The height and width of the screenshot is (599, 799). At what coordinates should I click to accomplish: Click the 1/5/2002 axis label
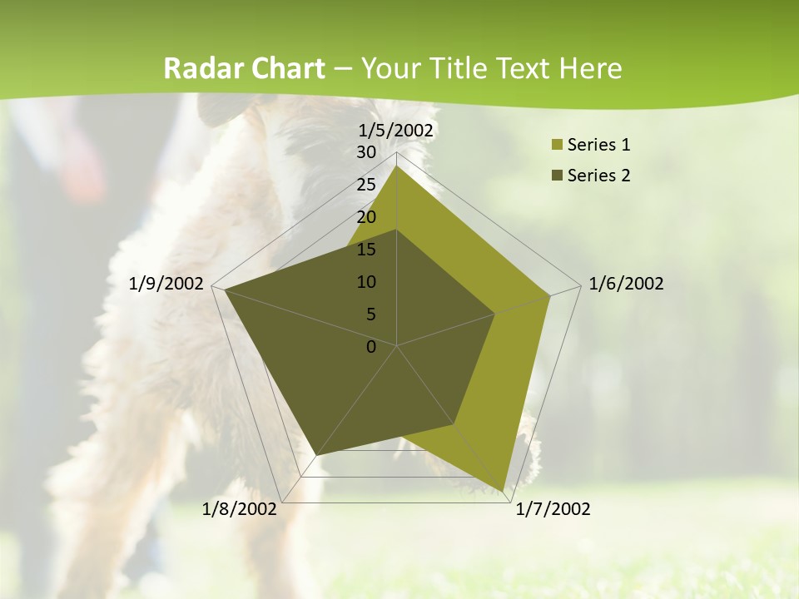(396, 131)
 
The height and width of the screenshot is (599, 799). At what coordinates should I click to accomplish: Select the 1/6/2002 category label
(626, 284)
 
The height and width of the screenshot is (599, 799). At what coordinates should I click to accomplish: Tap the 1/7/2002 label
(553, 509)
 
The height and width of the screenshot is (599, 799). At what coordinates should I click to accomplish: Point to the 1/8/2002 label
(240, 509)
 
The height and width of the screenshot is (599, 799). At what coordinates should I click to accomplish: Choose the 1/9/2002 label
(166, 284)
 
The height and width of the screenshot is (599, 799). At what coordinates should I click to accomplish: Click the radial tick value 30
(366, 152)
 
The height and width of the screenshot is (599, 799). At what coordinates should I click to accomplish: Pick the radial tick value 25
(366, 185)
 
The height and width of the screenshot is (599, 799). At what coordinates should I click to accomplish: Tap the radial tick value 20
(366, 217)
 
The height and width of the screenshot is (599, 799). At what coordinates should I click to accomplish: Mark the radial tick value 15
(366, 250)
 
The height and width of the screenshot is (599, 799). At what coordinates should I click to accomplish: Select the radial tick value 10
(366, 282)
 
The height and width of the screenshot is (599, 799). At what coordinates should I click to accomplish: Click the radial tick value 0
(371, 347)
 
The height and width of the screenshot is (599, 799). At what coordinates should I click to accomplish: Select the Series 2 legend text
(598, 176)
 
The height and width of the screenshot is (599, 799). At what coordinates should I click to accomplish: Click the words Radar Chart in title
(244, 69)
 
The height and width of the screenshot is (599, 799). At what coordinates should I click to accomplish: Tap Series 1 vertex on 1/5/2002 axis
(397, 166)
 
